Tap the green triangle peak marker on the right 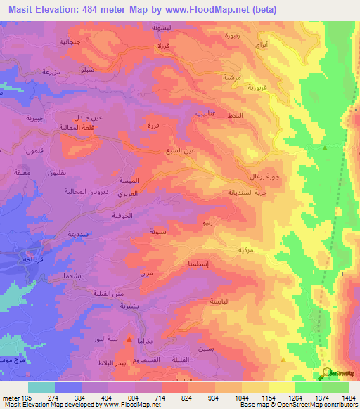324,148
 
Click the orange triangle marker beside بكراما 129,339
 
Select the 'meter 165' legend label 15,397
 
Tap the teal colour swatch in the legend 41,387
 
